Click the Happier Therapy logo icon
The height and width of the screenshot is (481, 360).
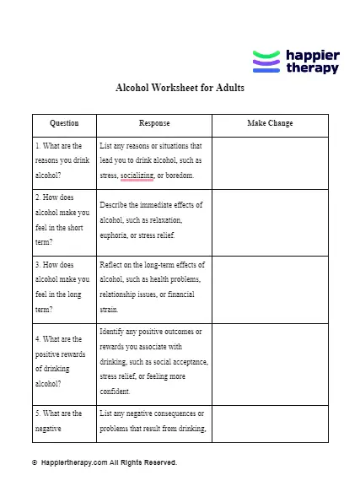tap(266, 62)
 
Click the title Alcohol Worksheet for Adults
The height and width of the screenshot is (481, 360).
tap(180, 87)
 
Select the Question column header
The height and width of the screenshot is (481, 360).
tap(64, 123)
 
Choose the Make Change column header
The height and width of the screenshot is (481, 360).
tap(270, 123)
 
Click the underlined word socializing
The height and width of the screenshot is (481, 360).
tap(137, 176)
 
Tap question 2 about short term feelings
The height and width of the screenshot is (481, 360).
tap(62, 222)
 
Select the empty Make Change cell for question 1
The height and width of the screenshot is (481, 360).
tap(270, 162)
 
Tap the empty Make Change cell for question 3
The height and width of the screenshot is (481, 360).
tap(270, 289)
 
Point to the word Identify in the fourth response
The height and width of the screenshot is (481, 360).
tap(115, 331)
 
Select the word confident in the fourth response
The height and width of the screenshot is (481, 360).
tap(114, 392)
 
